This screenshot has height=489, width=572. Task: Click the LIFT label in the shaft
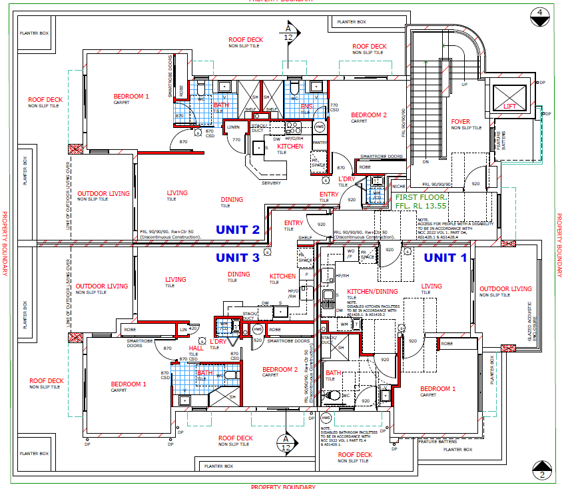pyautogui.click(x=509, y=106)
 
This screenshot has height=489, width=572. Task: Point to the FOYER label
pyautogui.click(x=461, y=122)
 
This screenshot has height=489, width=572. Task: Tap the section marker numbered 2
pyautogui.click(x=543, y=471)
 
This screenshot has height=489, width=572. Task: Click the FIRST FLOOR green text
pyautogui.click(x=422, y=198)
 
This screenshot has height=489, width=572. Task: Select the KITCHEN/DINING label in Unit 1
pyautogui.click(x=371, y=292)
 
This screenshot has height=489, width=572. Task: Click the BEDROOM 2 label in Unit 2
pyautogui.click(x=369, y=115)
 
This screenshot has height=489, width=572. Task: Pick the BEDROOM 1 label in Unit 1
pyautogui.click(x=437, y=389)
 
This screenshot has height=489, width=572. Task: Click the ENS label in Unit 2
pyautogui.click(x=306, y=106)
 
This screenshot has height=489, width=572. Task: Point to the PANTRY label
pyautogui.click(x=319, y=142)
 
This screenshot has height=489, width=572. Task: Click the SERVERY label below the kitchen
pyautogui.click(x=271, y=183)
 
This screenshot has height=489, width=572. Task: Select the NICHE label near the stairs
pyautogui.click(x=398, y=186)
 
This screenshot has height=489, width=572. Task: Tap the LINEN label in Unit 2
pyautogui.click(x=232, y=127)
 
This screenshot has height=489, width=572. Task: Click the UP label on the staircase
pyautogui.click(x=464, y=85)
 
